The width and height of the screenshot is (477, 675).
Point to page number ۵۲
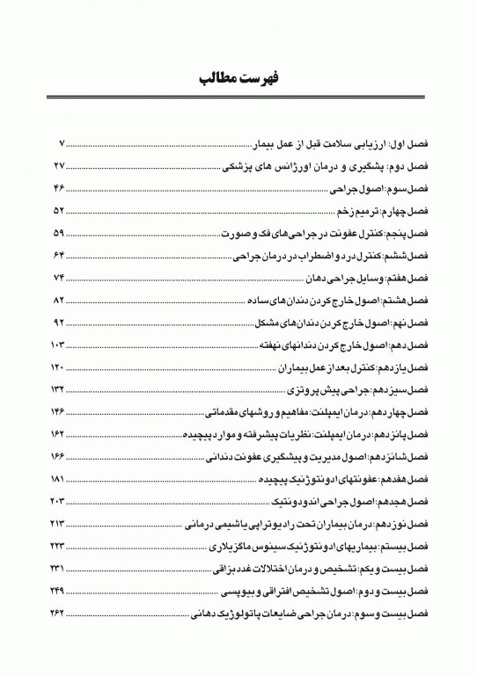(60, 212)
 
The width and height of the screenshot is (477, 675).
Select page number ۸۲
(60, 301)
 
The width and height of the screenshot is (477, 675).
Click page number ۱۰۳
(59, 342)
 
